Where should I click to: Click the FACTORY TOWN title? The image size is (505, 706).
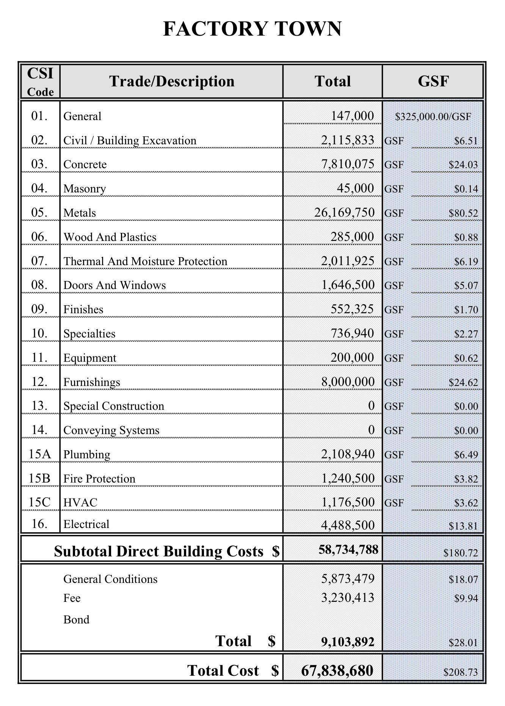(x=252, y=29)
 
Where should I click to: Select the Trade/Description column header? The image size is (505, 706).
(x=172, y=81)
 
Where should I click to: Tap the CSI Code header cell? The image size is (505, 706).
(x=40, y=81)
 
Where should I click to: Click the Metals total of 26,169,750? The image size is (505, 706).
(x=344, y=212)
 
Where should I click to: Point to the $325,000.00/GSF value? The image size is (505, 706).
(x=433, y=117)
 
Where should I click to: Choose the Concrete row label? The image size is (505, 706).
(x=85, y=164)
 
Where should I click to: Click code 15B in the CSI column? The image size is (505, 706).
(x=39, y=478)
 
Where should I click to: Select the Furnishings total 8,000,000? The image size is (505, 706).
(x=348, y=382)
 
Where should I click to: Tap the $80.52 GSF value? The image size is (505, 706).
(x=463, y=213)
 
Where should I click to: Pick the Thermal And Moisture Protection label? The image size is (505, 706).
(x=145, y=261)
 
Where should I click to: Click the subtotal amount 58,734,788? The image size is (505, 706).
(x=348, y=550)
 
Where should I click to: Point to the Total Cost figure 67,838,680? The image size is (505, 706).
(x=337, y=671)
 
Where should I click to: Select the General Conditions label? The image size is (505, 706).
(x=110, y=579)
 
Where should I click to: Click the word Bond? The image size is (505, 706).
(x=76, y=620)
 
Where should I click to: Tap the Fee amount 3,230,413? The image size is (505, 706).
(x=348, y=598)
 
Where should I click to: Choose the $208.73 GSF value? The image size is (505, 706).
(x=460, y=672)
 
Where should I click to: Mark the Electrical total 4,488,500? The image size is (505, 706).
(x=348, y=525)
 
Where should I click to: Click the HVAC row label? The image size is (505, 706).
(x=80, y=503)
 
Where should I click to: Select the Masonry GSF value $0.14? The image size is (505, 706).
(x=466, y=189)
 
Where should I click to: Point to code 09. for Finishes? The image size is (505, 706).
(x=39, y=309)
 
